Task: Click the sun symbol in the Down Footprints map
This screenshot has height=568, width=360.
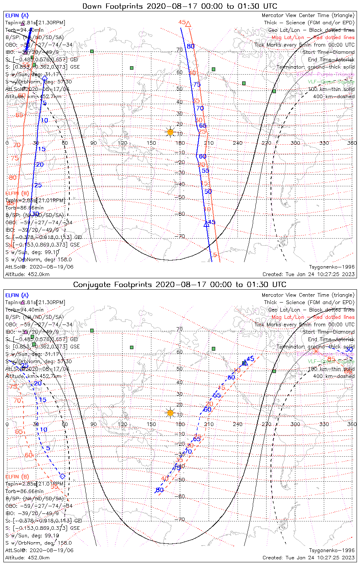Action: point(170,132)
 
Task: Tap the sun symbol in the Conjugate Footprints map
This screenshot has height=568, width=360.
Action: point(170,412)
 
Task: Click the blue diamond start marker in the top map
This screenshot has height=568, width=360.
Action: point(45,79)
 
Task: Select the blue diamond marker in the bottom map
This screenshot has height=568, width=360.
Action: point(63,476)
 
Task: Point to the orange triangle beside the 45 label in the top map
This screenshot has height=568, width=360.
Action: point(188,24)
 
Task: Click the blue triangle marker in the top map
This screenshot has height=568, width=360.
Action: point(206,224)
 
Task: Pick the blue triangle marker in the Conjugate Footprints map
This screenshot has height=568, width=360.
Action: point(244,363)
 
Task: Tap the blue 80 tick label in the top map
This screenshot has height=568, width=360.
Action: point(191,46)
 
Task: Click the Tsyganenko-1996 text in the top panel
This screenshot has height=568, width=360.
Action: point(332,267)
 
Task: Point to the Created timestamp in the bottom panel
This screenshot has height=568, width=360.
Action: point(308,557)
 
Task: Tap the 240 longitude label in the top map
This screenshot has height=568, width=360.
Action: point(238,143)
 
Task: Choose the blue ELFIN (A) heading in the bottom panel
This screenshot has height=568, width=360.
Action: point(17,295)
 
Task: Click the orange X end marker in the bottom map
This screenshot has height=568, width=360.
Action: point(316,351)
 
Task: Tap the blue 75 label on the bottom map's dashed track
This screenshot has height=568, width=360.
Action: point(177,468)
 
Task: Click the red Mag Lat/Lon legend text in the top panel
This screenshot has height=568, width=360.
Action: point(313,37)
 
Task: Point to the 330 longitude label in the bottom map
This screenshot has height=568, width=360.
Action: point(324,424)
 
